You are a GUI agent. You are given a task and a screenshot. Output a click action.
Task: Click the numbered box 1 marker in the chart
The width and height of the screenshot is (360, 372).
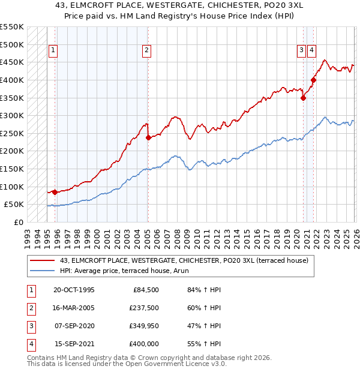tap(54, 51)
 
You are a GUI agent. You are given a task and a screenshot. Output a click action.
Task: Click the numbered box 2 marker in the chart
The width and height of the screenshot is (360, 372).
tap(146, 51)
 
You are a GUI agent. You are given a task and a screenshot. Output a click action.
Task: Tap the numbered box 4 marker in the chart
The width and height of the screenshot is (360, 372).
tap(312, 51)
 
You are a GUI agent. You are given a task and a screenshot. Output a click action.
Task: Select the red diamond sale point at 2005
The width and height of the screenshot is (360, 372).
tap(148, 138)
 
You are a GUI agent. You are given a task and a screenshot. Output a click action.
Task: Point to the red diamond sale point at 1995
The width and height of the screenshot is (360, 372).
tap(55, 192)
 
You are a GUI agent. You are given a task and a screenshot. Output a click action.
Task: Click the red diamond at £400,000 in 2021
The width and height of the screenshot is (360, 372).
tap(313, 80)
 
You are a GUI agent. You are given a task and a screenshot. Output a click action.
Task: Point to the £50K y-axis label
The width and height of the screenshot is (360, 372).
tap(14, 205)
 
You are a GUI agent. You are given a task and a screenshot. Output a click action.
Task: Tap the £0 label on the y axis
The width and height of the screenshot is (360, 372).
tap(18, 222)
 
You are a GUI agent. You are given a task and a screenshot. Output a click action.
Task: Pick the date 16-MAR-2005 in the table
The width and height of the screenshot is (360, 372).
tap(74, 308)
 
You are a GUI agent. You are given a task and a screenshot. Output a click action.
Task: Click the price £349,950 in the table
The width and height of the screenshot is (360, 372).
tap(145, 326)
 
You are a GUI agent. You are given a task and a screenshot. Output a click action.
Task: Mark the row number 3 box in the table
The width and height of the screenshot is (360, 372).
tap(31, 326)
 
